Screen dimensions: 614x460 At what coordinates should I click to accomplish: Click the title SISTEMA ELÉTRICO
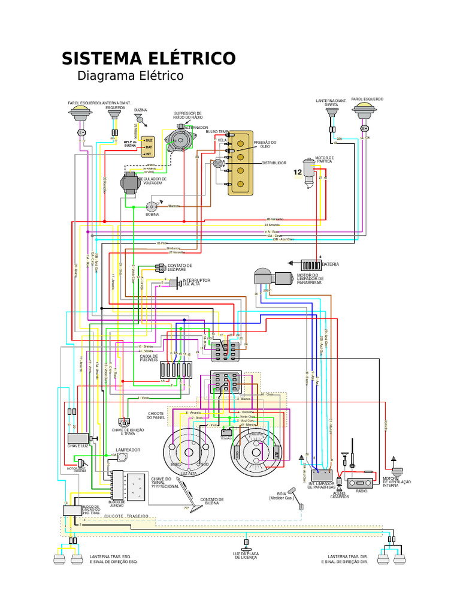tap(149, 59)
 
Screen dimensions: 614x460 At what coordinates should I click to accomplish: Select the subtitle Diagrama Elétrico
tap(130, 76)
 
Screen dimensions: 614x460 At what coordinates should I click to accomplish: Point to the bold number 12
tap(298, 173)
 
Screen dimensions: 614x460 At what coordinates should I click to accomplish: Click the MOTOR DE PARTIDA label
tap(325, 159)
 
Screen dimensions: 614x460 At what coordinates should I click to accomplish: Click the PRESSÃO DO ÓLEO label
tap(265, 145)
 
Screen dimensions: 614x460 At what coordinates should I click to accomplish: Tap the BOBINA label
tap(152, 214)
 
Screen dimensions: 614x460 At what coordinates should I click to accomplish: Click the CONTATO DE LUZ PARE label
tap(180, 267)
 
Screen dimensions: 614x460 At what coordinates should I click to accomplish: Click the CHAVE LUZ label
tap(78, 446)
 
